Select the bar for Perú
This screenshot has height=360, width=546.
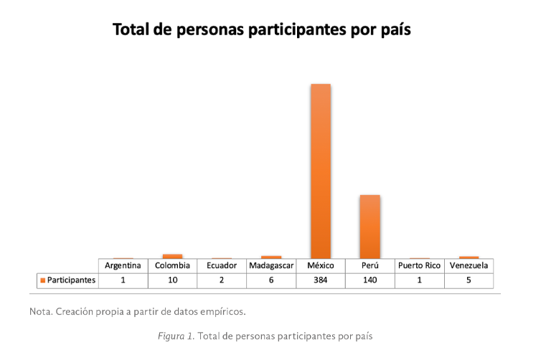(370, 226)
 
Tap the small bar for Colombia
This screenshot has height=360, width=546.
(172, 256)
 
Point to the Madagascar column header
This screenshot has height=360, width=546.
(271, 266)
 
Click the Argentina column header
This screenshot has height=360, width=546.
(123, 266)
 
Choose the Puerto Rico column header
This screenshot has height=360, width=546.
(419, 266)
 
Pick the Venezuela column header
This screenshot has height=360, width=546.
(469, 266)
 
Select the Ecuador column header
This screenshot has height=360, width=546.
(222, 266)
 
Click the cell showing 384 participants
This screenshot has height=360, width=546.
(321, 280)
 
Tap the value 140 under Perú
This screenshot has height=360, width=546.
(370, 280)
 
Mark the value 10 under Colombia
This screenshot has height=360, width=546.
(172, 280)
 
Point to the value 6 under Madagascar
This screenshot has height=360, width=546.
(271, 280)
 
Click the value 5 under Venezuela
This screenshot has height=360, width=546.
(469, 280)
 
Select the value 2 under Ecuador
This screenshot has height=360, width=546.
(222, 280)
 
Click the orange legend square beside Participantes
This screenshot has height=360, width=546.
(43, 280)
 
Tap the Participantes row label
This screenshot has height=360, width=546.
(71, 280)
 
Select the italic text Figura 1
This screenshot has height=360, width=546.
(176, 336)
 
